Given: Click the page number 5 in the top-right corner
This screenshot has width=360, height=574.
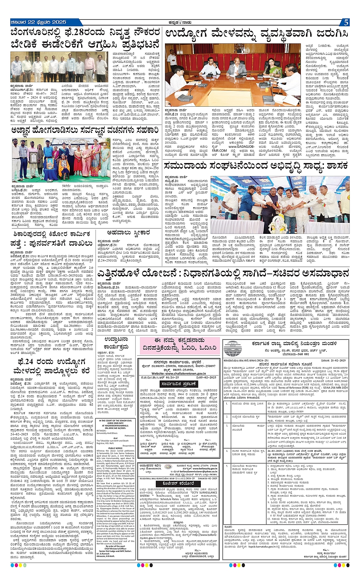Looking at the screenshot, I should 346,22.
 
